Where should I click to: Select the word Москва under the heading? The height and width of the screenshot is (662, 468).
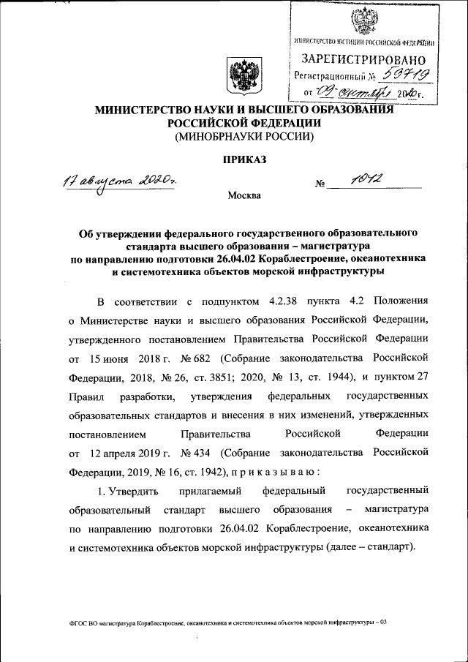243,195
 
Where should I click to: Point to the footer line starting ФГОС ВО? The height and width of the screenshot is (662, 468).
227,622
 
